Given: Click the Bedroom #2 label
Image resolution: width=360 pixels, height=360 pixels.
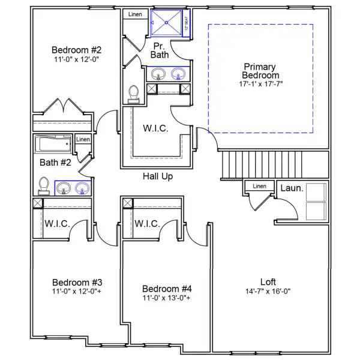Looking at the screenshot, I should (x=76, y=50).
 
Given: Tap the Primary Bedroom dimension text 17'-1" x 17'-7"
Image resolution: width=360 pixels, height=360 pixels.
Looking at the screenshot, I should (x=260, y=84).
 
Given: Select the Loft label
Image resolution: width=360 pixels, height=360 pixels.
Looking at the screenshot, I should (x=268, y=281).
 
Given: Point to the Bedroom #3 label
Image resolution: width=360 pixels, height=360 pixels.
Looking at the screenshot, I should (x=77, y=282).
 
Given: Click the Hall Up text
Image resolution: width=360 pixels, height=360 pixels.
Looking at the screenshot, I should (x=158, y=176).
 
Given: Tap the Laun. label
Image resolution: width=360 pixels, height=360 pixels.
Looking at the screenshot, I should (x=292, y=188).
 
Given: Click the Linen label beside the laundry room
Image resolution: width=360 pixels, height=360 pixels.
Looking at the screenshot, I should (x=259, y=186).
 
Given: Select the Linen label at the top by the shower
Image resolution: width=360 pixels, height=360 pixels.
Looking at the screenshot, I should (x=133, y=13).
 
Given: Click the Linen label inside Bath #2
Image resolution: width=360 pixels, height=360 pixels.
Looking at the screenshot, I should (x=83, y=140).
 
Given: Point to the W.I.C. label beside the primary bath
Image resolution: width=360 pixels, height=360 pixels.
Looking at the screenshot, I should (x=155, y=129).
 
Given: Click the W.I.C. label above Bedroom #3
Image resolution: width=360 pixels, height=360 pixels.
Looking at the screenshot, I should (x=57, y=224).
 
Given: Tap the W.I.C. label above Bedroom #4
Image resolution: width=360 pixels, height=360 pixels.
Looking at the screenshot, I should (x=146, y=224).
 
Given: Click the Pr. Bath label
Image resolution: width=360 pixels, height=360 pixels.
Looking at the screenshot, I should (x=160, y=50).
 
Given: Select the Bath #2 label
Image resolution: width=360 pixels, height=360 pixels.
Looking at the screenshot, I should (x=52, y=162).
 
